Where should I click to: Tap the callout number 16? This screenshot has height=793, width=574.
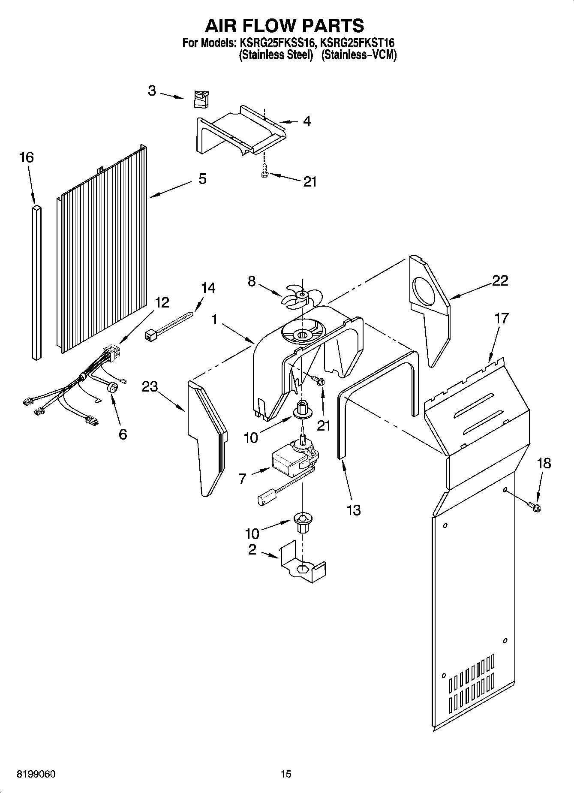click(x=26, y=157)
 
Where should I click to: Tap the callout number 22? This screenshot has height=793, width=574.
click(x=500, y=280)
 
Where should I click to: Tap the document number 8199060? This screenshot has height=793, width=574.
click(x=36, y=774)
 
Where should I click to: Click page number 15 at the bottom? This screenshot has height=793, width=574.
click(x=286, y=774)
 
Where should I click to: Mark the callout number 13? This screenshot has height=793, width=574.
click(x=354, y=510)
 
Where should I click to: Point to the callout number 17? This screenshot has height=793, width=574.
click(x=501, y=318)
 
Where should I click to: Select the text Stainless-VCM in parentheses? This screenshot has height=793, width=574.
click(x=359, y=55)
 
